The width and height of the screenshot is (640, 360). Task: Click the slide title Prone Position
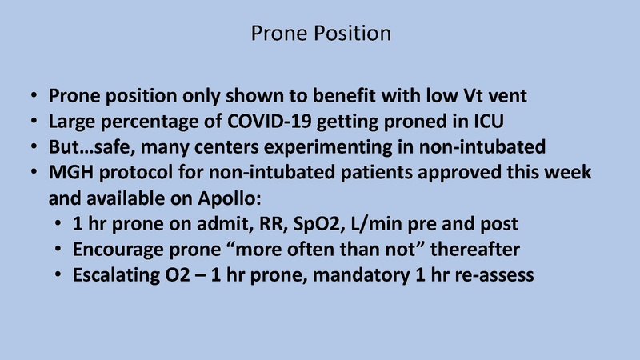pos(320,34)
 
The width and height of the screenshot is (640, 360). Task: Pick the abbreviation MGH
pos(70,174)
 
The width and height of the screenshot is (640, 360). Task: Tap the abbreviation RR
pos(271,224)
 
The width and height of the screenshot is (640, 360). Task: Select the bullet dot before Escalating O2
pos(61,275)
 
